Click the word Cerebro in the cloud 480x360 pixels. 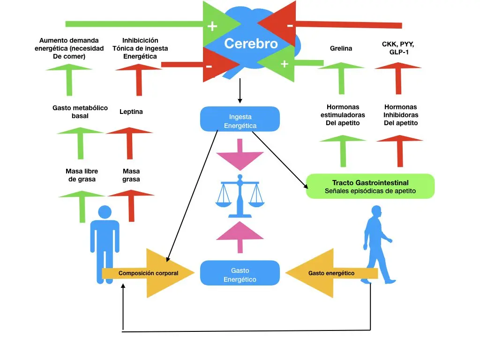pyautogui.click(x=251, y=44)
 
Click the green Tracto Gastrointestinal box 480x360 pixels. pyautogui.click(x=370, y=186)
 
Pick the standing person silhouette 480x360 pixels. pyautogui.click(x=105, y=244)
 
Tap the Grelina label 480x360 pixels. pyautogui.click(x=341, y=48)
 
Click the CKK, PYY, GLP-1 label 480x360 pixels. pyautogui.click(x=398, y=48)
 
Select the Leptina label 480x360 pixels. pyautogui.click(x=131, y=112)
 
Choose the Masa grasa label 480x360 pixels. pyautogui.click(x=131, y=175)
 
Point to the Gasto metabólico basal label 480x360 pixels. pyautogui.click(x=80, y=112)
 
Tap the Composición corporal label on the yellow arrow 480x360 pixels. pyautogui.click(x=148, y=273)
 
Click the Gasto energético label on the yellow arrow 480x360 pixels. pyautogui.click(x=331, y=273)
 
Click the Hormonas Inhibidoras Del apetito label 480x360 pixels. pyautogui.click(x=401, y=115)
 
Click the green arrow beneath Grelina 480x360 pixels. pyautogui.click(x=341, y=77)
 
